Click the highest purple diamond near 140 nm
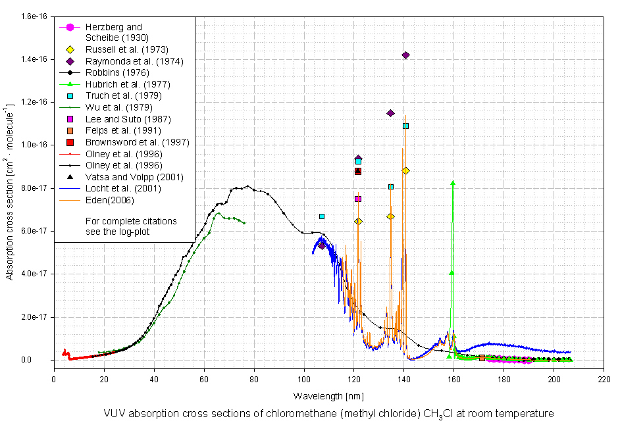(x=405, y=55)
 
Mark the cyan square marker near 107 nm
(x=322, y=216)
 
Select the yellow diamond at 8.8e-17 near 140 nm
(x=405, y=171)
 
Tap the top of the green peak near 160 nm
(x=453, y=183)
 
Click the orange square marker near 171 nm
(x=482, y=358)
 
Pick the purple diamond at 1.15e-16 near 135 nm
(x=390, y=113)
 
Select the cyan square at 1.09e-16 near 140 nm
(x=405, y=126)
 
